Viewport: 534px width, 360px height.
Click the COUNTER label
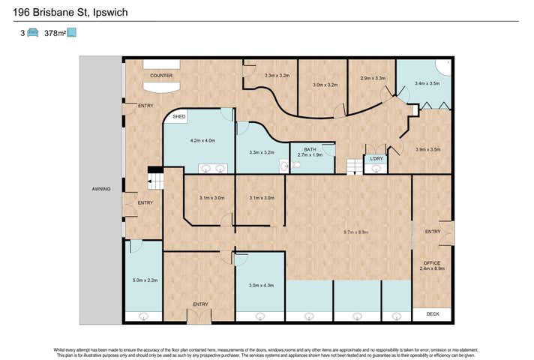coord(161,76)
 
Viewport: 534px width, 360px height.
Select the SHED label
coord(178,118)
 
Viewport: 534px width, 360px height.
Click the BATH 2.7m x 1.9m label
coord(309,152)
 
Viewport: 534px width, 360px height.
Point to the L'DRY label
coord(376,159)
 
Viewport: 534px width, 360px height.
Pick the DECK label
coord(432,314)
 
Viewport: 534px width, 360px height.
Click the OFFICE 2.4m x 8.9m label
coord(432,265)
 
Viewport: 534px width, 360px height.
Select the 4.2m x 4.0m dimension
coord(202,141)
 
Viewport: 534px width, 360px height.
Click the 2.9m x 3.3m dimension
coord(373,78)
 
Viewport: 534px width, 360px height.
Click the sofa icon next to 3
coord(32,33)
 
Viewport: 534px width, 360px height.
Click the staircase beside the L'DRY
coord(352,166)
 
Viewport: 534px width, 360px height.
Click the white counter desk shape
coord(161,86)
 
